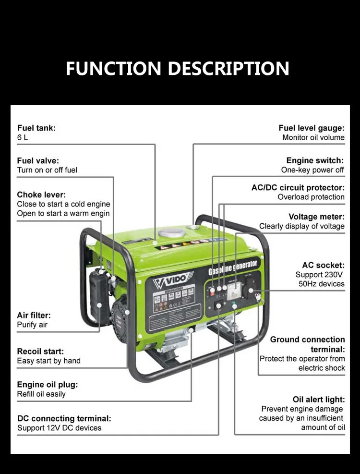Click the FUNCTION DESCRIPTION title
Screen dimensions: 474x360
click(x=178, y=68)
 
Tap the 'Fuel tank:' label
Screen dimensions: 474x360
click(x=36, y=128)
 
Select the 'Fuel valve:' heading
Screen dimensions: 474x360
click(x=38, y=161)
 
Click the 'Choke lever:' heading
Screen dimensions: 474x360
click(x=41, y=194)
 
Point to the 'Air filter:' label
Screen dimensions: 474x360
click(x=34, y=316)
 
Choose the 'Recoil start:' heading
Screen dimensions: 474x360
click(x=40, y=352)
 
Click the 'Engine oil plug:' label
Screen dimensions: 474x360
click(x=48, y=385)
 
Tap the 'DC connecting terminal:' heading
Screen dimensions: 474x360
click(x=64, y=418)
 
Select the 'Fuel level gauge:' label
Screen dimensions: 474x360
click(x=312, y=128)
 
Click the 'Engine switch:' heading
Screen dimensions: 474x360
click(x=315, y=161)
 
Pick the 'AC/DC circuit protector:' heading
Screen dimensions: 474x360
click(x=298, y=188)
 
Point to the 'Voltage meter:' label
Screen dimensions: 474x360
click(x=317, y=217)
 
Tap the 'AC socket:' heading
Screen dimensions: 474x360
click(x=323, y=265)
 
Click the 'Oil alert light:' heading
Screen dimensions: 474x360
click(x=319, y=400)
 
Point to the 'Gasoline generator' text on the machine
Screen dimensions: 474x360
click(x=234, y=267)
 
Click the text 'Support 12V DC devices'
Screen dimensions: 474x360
click(x=60, y=428)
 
